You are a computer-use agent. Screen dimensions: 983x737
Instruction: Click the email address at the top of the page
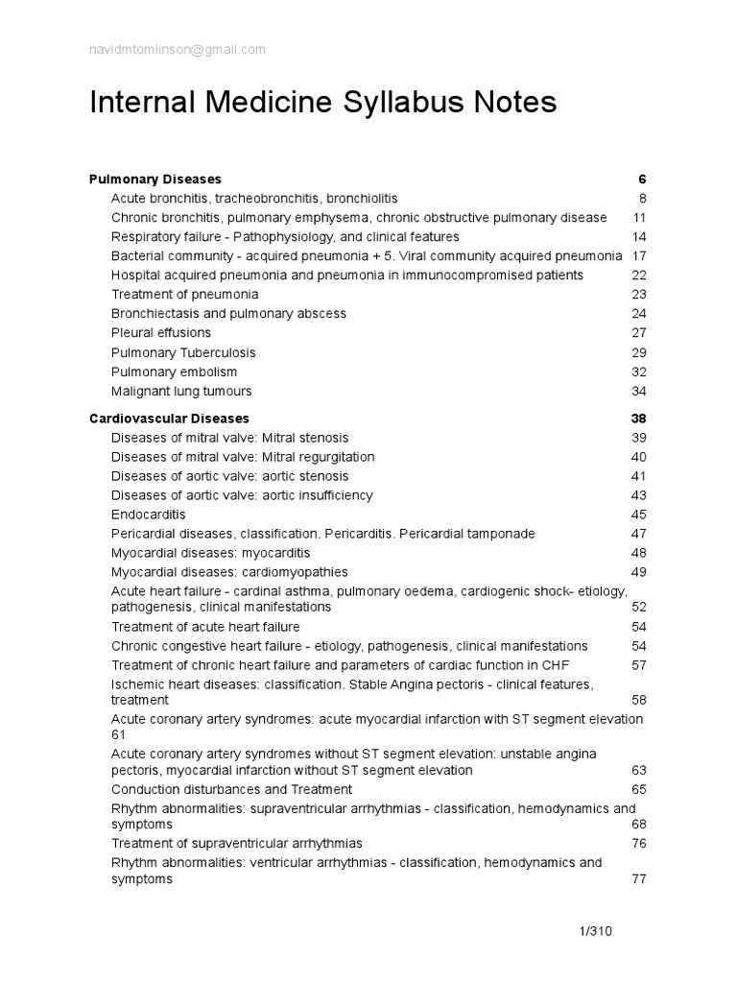[x=178, y=50]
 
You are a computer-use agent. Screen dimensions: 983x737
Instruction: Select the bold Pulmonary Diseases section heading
[x=155, y=179]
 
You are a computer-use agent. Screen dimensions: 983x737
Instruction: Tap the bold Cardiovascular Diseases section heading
[x=169, y=419]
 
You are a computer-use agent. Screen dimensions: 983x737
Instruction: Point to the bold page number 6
[x=642, y=179]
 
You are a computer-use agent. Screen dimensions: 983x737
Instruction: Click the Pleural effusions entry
[x=161, y=333]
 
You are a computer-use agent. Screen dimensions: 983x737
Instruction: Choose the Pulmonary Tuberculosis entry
[x=183, y=352]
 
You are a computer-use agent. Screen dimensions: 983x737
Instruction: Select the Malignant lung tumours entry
[x=181, y=391]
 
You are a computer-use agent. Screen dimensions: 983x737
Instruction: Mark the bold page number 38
[x=638, y=419]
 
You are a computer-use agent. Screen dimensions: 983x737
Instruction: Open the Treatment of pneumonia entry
[x=184, y=295]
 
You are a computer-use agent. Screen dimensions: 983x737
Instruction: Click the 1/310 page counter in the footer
[x=595, y=931]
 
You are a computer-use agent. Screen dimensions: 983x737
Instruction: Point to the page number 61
[x=119, y=734]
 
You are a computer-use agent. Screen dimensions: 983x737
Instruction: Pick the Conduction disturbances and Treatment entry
[x=231, y=789]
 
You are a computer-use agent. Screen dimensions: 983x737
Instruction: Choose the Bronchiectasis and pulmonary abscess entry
[x=228, y=314]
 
